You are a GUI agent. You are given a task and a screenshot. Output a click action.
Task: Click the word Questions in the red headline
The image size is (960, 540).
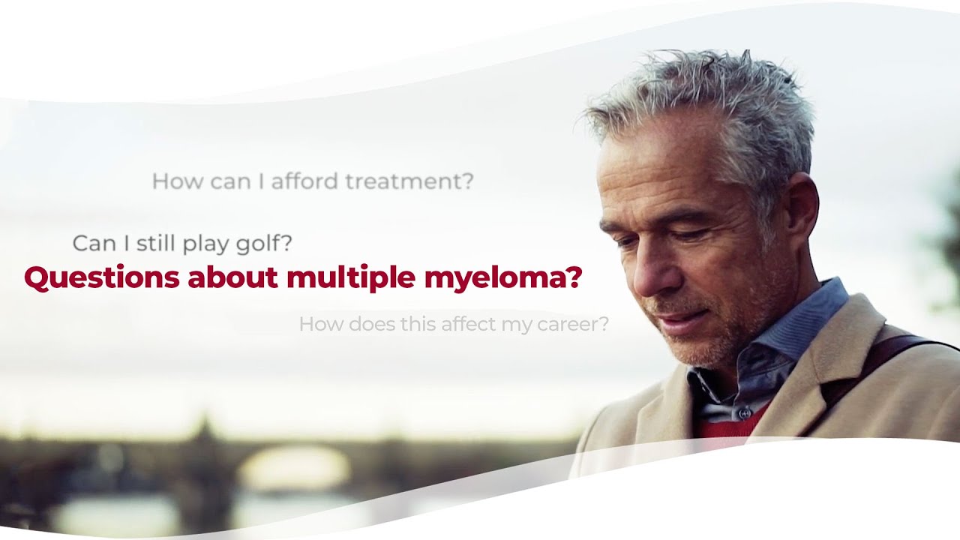[x=101, y=278]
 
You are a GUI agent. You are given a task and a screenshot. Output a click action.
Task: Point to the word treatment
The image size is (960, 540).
[x=409, y=181]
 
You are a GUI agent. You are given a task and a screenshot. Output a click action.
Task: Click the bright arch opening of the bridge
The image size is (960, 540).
[x=293, y=466]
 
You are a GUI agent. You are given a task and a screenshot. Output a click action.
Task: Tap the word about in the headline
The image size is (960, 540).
[x=232, y=278]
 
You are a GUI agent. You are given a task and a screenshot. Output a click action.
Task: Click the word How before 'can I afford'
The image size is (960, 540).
[x=178, y=181]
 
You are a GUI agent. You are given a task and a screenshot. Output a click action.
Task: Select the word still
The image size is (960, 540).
[x=155, y=243]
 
